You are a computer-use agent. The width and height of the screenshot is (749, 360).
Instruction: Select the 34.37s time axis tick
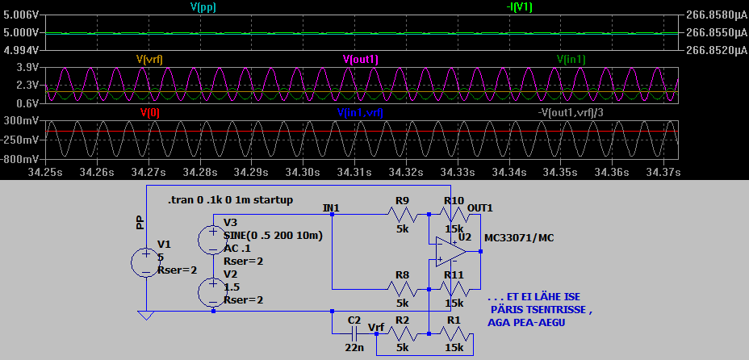coord(663,172)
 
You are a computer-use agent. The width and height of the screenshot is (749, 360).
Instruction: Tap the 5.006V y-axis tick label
coord(20,15)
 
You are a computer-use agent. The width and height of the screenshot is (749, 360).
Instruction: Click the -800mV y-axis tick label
coord(20,159)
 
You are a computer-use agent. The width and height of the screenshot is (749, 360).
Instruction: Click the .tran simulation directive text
coord(230,199)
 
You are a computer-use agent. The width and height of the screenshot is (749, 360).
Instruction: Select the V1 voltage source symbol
coord(145,263)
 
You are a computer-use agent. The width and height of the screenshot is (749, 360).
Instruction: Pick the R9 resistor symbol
coord(401,214)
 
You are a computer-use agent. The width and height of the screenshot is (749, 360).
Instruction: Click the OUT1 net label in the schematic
coord(479,207)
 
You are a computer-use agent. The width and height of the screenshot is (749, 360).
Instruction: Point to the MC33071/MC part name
coord(518,238)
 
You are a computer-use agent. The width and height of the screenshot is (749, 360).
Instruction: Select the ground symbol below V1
coord(145,316)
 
